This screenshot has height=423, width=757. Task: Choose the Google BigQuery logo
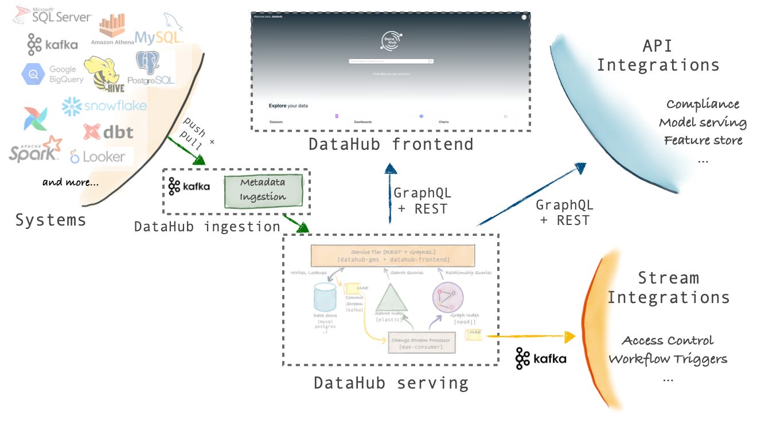click(53, 74)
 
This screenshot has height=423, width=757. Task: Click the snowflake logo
click(104, 106)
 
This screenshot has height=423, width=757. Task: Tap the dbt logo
click(108, 132)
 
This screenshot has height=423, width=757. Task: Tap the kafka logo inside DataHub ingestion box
click(189, 187)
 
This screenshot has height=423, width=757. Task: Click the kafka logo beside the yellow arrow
click(540, 358)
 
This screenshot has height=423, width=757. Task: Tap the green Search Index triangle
click(391, 297)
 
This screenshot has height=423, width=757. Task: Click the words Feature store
click(703, 140)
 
